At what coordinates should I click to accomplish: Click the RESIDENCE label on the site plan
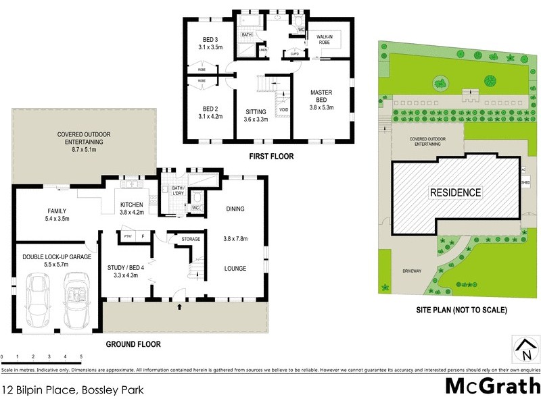(456, 192)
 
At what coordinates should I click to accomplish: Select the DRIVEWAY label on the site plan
(411, 271)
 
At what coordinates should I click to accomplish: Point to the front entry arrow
(179, 307)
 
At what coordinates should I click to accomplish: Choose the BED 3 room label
(211, 43)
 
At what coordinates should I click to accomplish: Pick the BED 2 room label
(211, 111)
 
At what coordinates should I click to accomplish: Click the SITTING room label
(256, 115)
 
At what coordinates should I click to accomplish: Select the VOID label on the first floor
(283, 110)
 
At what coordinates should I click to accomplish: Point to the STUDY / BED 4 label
(126, 271)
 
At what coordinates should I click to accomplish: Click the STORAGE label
(190, 239)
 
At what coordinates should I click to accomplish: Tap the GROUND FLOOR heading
(133, 344)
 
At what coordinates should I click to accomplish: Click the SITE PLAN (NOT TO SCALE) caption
(462, 310)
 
